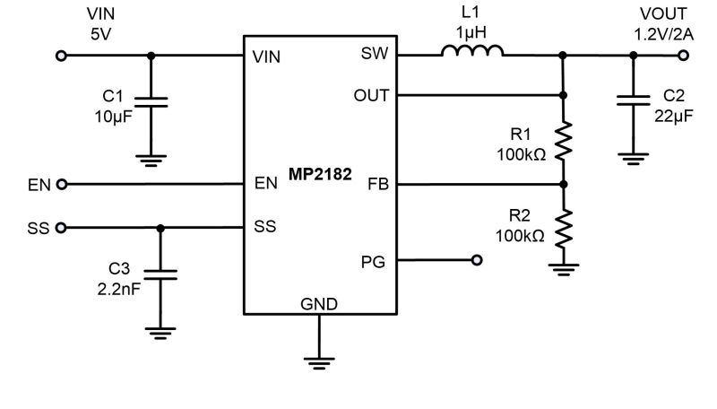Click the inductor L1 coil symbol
click(472, 50)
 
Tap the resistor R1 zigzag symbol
click(564, 141)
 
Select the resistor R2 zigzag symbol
click(564, 229)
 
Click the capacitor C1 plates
click(151, 102)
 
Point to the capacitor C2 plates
click(633, 100)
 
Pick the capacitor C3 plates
click(160, 274)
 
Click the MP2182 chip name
click(320, 174)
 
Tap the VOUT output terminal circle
click(683, 56)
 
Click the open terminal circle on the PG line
click(477, 260)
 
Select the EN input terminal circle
click(61, 185)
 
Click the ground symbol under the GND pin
click(319, 362)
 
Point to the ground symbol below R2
click(564, 269)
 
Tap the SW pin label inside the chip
click(375, 54)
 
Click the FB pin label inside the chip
click(378, 185)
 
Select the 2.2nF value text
click(119, 289)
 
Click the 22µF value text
click(674, 117)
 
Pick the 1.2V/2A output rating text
click(663, 34)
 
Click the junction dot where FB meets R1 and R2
click(564, 185)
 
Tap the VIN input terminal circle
click(61, 56)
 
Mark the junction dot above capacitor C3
click(160, 228)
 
